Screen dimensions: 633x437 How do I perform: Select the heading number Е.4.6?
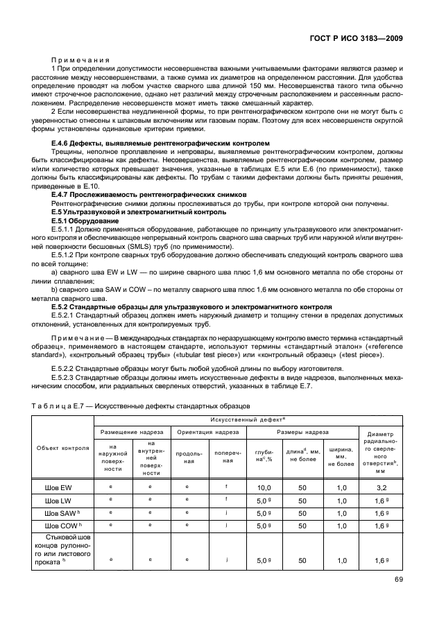(64, 143)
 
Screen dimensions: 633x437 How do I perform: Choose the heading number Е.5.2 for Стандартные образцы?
(64, 306)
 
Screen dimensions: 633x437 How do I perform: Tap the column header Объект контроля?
(63, 448)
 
